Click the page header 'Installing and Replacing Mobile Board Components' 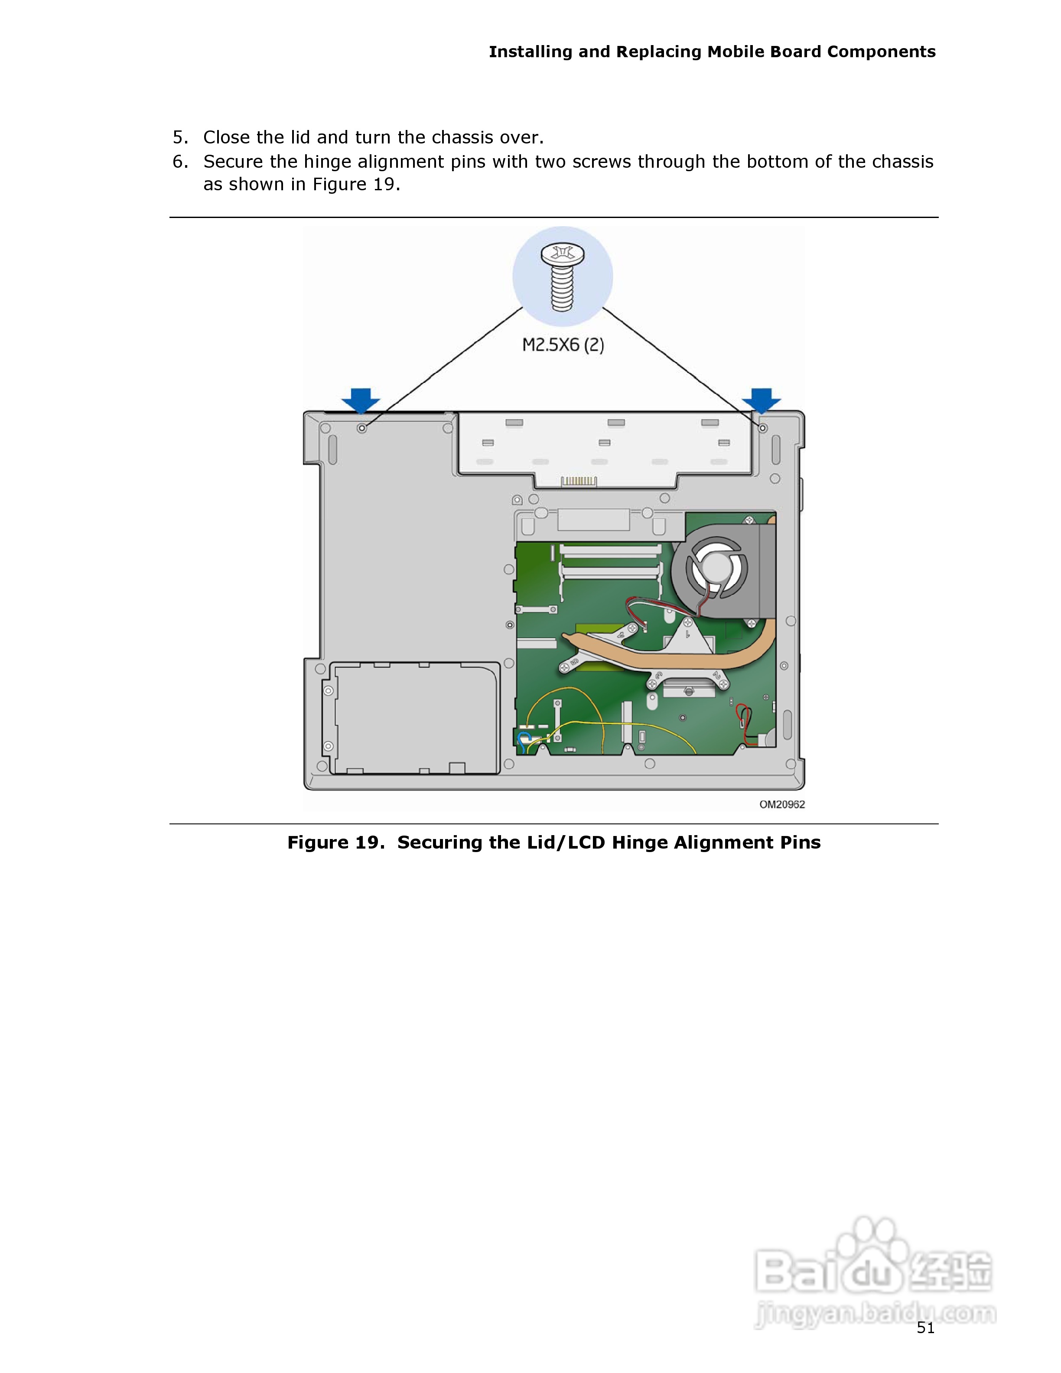click(712, 52)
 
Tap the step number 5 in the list click(180, 137)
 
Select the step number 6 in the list click(180, 162)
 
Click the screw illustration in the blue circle click(563, 277)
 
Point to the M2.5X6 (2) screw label click(563, 345)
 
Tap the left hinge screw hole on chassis click(362, 428)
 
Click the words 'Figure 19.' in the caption click(335, 843)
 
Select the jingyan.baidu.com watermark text click(875, 1314)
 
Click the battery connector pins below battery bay click(578, 482)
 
